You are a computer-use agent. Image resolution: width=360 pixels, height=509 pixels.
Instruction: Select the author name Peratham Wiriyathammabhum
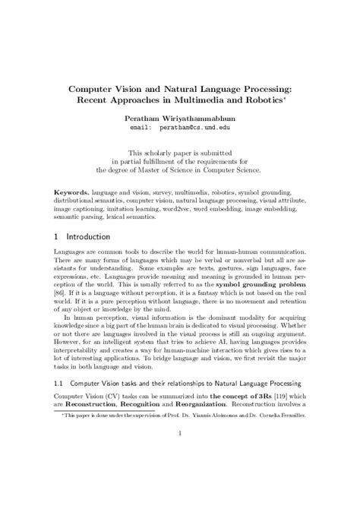(x=180, y=120)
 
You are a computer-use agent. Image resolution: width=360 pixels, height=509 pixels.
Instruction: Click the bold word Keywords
(x=76, y=186)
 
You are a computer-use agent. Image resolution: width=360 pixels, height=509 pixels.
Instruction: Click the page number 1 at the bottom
(x=180, y=476)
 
